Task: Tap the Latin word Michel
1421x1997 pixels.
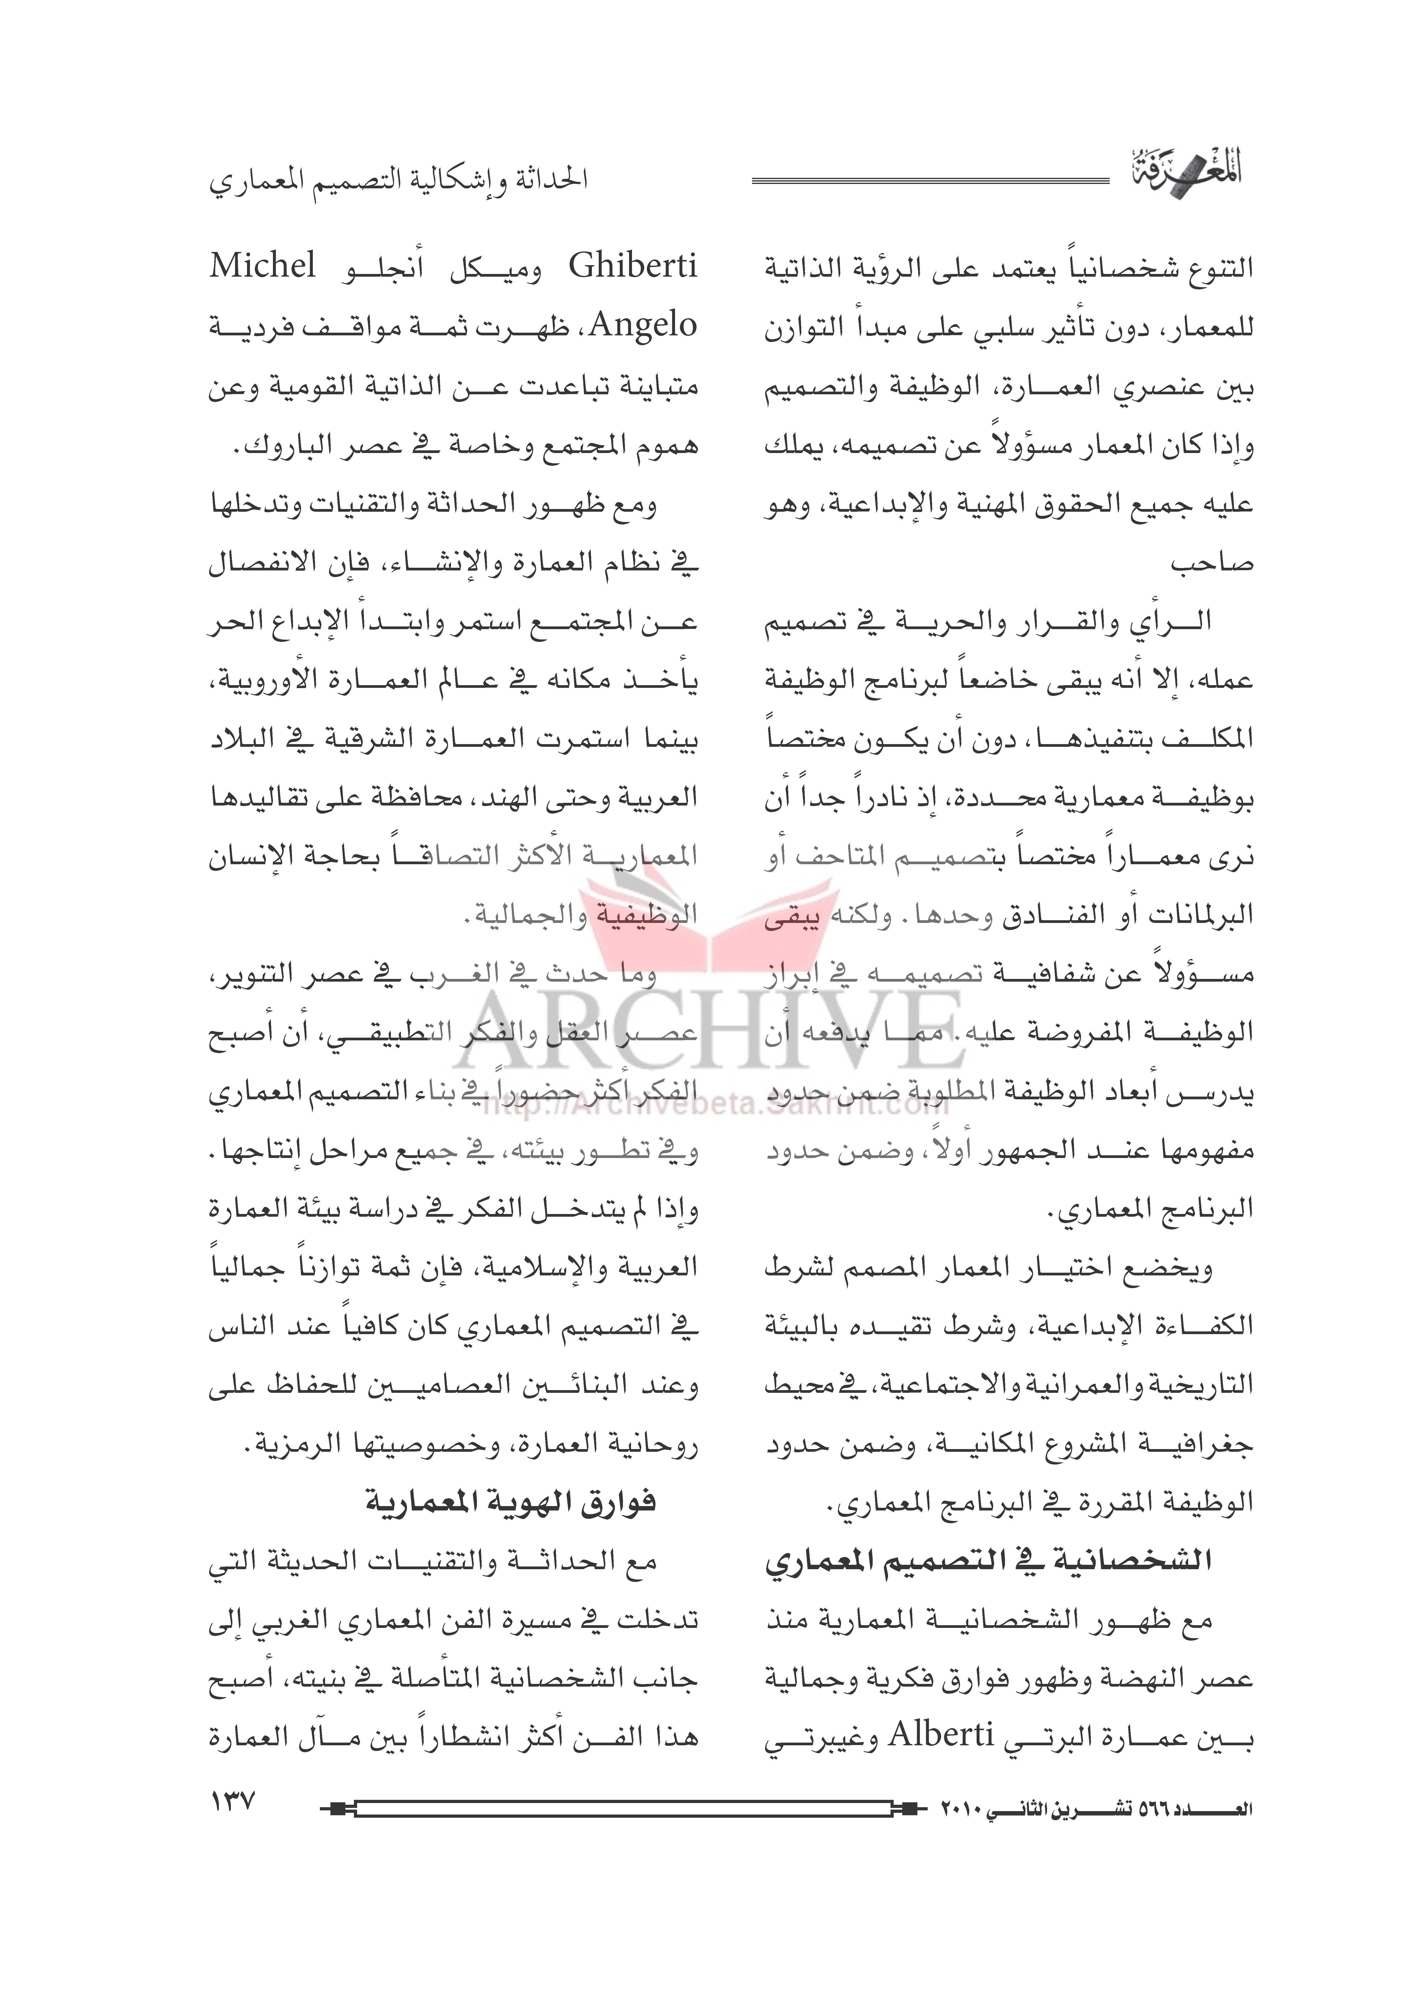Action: [x=262, y=265]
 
